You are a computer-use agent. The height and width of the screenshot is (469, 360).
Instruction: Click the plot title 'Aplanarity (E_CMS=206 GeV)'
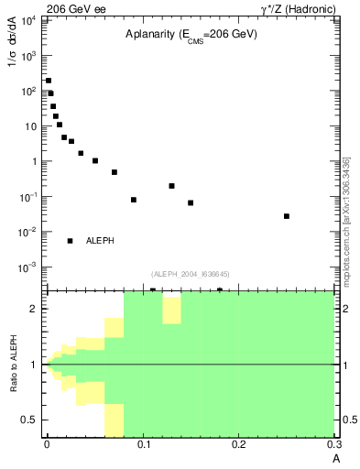click(191, 35)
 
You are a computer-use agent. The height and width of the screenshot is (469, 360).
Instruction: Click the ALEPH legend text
click(100, 241)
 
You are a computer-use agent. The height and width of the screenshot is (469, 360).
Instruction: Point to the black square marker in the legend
click(70, 241)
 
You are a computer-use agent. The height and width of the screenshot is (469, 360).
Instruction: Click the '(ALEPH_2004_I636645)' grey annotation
click(190, 273)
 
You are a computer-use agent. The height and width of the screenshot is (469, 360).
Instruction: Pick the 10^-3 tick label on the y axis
click(28, 267)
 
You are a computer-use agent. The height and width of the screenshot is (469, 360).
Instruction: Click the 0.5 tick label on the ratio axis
click(30, 420)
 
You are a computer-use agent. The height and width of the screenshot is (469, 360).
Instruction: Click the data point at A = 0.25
click(287, 216)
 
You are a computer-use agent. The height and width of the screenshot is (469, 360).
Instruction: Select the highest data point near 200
click(49, 81)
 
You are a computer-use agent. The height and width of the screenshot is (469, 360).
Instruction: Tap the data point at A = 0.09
click(134, 200)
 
